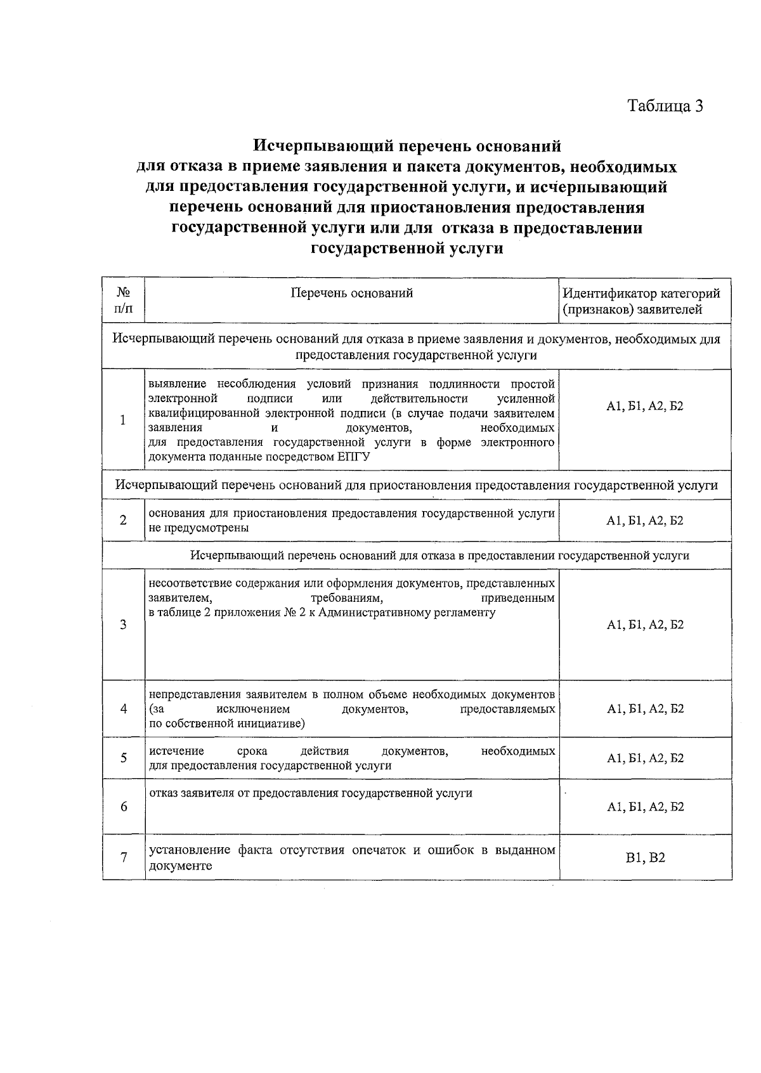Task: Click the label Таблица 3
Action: point(665,105)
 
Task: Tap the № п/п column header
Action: point(124,301)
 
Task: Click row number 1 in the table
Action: point(123,420)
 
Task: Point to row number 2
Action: point(123,520)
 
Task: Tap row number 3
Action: point(123,625)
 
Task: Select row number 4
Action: point(124,708)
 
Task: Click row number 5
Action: point(124,758)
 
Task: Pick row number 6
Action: point(124,807)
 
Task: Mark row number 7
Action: point(124,857)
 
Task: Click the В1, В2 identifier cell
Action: point(645,858)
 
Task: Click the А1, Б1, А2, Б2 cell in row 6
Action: point(645,807)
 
